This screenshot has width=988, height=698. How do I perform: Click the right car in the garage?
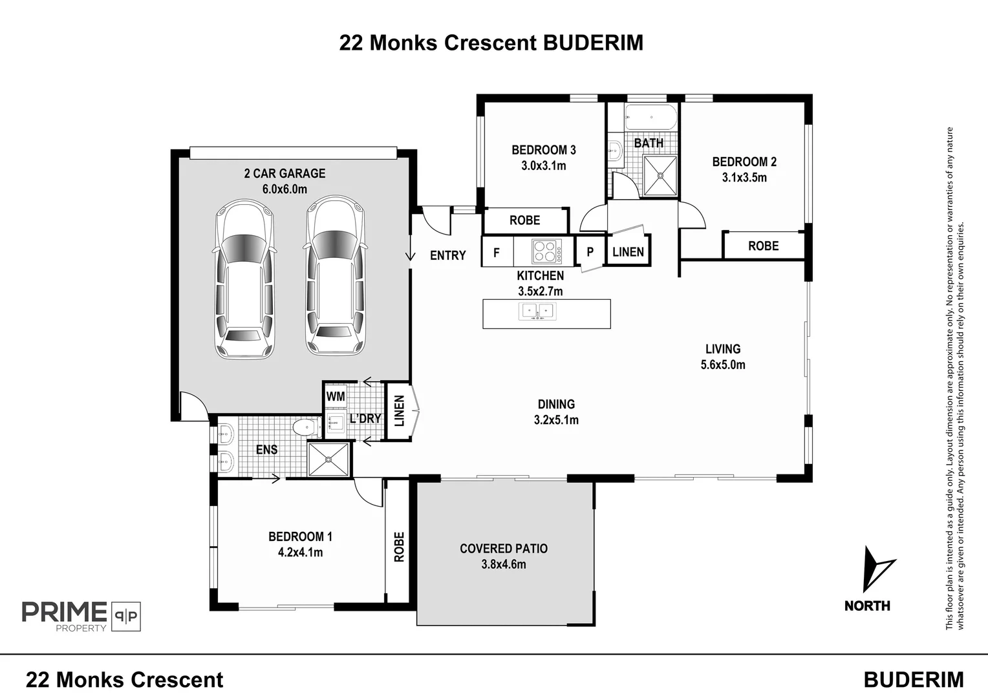coord(335,275)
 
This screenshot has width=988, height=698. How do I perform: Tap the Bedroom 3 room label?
coord(543,150)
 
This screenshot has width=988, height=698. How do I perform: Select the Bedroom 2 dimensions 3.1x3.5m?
coord(744,178)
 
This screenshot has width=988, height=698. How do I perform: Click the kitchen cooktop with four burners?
coord(546,251)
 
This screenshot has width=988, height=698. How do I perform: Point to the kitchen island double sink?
coord(537,312)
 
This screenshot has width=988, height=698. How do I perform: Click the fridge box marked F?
coord(497,252)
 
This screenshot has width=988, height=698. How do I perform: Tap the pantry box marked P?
coord(590,251)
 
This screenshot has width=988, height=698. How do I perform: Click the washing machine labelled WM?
coord(336,396)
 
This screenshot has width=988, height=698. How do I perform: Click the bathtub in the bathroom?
coord(650,117)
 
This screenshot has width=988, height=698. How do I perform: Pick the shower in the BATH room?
coord(660,175)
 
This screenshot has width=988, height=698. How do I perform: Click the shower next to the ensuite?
coord(328,460)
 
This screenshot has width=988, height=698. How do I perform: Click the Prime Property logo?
coord(81,616)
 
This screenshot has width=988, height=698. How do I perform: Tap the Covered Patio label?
coord(504,549)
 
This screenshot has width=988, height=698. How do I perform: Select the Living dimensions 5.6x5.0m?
coord(723,365)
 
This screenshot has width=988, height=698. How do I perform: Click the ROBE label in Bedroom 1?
coord(399,547)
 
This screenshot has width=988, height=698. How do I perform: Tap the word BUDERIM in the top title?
coord(593,43)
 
